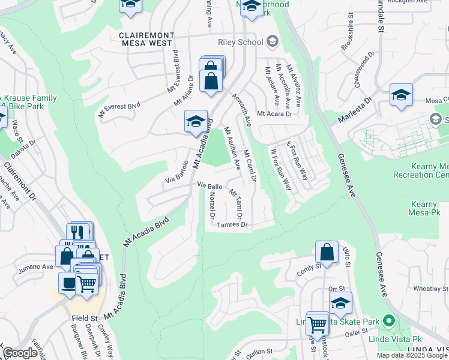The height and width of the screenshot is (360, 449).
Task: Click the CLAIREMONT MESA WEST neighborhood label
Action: pyautogui.click(x=147, y=38)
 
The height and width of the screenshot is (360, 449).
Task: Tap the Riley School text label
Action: pyautogui.click(x=241, y=42)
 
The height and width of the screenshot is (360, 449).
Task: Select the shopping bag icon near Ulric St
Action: pyautogui.click(x=327, y=253)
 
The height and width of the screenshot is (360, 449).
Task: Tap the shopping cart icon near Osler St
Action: pyautogui.click(x=317, y=324)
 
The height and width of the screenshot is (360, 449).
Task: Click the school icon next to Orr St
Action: pyautogui.click(x=340, y=303)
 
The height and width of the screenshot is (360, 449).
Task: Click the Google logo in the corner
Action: pyautogui.click(x=20, y=353)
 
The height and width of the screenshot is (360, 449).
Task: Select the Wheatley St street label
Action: pyautogui.click(x=426, y=289)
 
